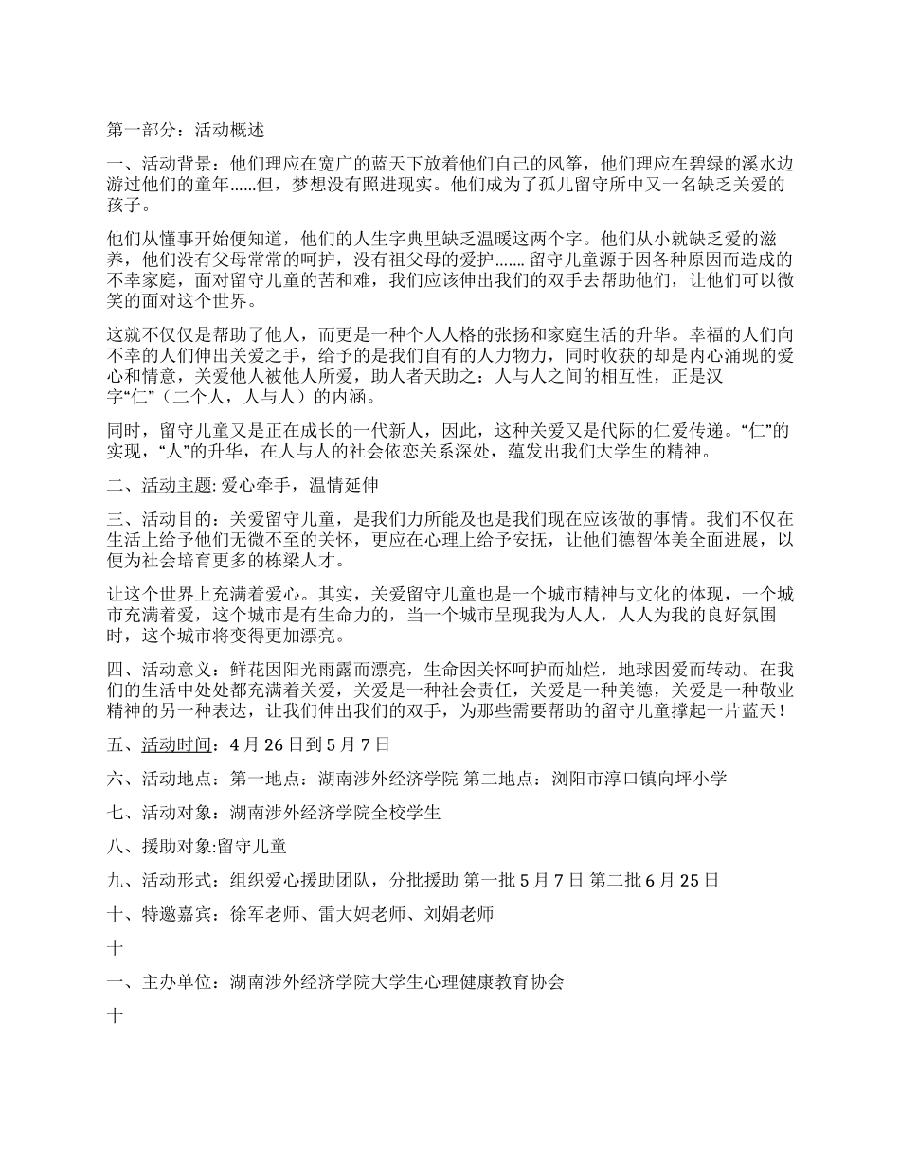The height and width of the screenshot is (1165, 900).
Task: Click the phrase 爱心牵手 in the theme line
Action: coord(253,486)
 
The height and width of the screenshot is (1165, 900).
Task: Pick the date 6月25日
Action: coord(681,880)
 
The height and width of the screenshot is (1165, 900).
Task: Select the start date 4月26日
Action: coord(269,744)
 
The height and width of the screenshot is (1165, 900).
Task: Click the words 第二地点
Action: coord(509,779)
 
